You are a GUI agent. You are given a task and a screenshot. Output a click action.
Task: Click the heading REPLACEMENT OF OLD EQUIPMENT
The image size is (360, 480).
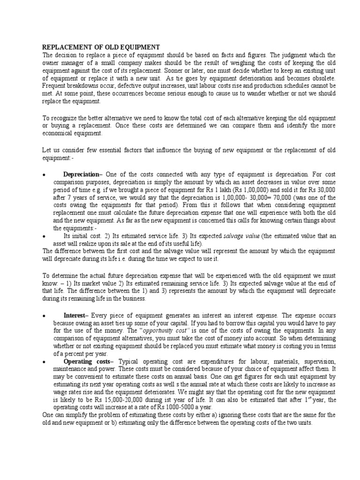coord(101,47)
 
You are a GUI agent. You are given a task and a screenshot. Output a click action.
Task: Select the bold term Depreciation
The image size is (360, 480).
coord(82,174)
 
